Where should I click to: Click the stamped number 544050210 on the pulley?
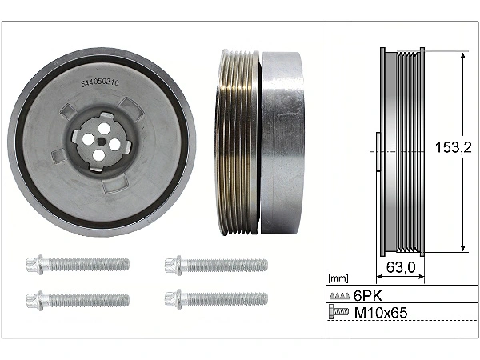100,83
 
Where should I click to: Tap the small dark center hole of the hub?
101,142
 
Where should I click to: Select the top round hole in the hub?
104,128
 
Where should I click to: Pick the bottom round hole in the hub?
98,155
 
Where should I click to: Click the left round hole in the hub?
87,139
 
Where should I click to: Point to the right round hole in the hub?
114,144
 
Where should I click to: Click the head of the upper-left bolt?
35,265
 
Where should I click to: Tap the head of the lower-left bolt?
35,300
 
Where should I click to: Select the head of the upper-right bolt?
173,265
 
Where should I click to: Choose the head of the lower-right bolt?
173,299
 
